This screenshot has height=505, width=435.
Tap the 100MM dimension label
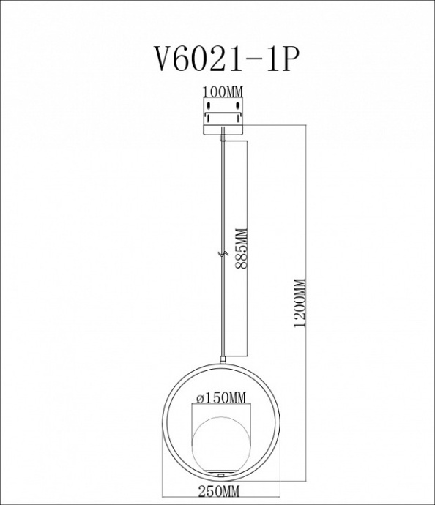point(223,92)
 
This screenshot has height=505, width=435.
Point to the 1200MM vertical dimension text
point(298,303)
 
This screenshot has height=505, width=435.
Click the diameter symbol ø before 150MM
point(201,398)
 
